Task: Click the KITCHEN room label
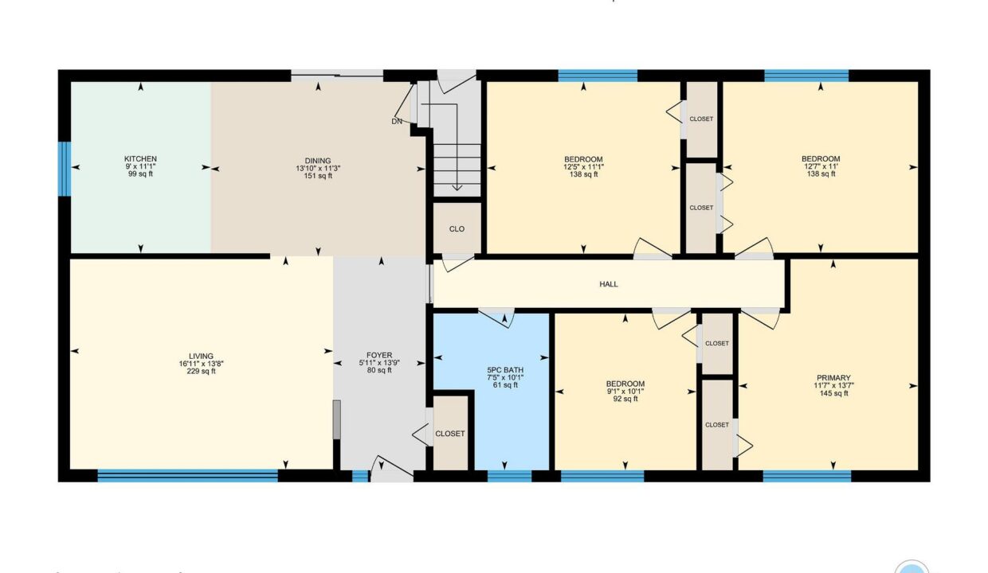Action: click(x=140, y=158)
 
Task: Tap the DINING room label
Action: click(x=318, y=161)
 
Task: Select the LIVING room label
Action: click(x=201, y=356)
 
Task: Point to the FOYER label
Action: click(x=379, y=355)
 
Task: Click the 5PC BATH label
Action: click(x=505, y=370)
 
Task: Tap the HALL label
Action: click(x=609, y=284)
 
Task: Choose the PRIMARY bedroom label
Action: click(x=833, y=377)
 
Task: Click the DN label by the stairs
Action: click(x=397, y=121)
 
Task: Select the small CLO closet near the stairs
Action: click(x=457, y=229)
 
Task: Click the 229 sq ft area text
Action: click(x=201, y=372)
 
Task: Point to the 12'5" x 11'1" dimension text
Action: click(x=583, y=167)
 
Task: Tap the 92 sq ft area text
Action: click(x=625, y=399)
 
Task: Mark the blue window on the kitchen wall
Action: click(x=65, y=169)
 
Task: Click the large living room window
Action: click(x=188, y=476)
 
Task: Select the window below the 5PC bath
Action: click(x=509, y=476)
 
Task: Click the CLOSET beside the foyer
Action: click(x=450, y=434)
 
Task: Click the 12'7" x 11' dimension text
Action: click(x=821, y=166)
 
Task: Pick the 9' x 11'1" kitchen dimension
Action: click(x=140, y=166)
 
